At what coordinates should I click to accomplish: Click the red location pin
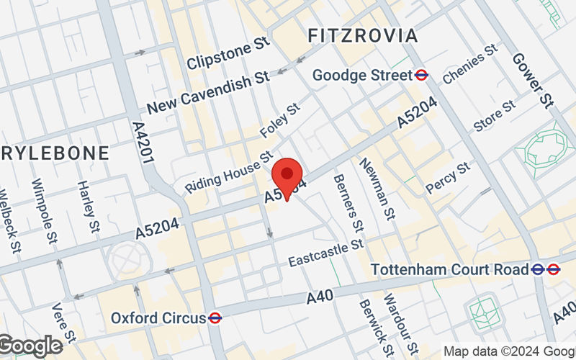(x=287, y=176)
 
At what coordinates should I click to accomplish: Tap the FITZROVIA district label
(x=362, y=35)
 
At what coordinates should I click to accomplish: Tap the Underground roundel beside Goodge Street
(x=423, y=75)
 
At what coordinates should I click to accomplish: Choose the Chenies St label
(x=470, y=64)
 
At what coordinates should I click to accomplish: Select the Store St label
(x=495, y=116)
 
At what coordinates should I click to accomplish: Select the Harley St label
(x=87, y=207)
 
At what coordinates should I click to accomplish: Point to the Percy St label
(x=447, y=177)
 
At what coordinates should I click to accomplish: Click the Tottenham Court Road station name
(x=451, y=269)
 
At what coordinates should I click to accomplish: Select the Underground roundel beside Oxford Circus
(x=215, y=318)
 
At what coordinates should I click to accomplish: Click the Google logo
(x=30, y=346)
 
